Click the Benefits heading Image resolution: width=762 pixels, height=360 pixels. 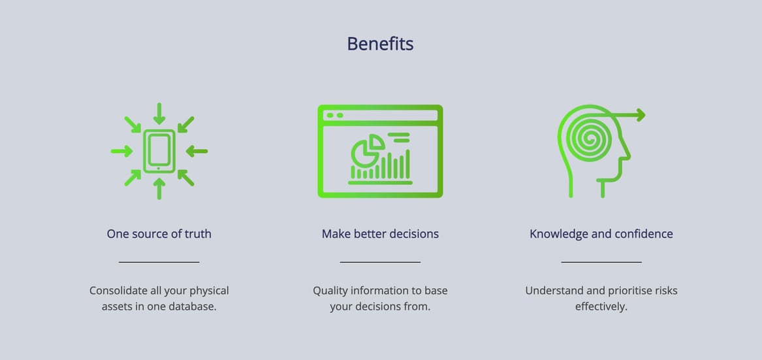pyautogui.click(x=380, y=44)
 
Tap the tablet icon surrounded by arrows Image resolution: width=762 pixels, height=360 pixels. pyautogui.click(x=159, y=151)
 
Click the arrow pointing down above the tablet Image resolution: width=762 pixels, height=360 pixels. pyautogui.click(x=159, y=113)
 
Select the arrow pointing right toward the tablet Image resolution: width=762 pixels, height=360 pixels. pyautogui.click(x=121, y=152)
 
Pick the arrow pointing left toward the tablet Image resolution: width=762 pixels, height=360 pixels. pyautogui.click(x=197, y=152)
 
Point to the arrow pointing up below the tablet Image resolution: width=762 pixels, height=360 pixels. pyautogui.click(x=159, y=189)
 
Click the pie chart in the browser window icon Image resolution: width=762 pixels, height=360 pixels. pyautogui.click(x=368, y=149)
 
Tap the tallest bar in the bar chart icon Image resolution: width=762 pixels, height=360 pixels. pyautogui.click(x=407, y=164)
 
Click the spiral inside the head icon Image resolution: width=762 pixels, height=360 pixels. pyautogui.click(x=589, y=139)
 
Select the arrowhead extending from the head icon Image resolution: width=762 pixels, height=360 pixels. pyautogui.click(x=641, y=115)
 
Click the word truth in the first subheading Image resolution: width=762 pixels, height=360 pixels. pyautogui.click(x=198, y=234)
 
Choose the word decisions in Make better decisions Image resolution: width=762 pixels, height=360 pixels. pyautogui.click(x=415, y=234)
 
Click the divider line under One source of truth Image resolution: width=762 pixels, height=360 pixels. pyautogui.click(x=159, y=262)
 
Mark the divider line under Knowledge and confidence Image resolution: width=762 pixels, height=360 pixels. pyautogui.click(x=601, y=262)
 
